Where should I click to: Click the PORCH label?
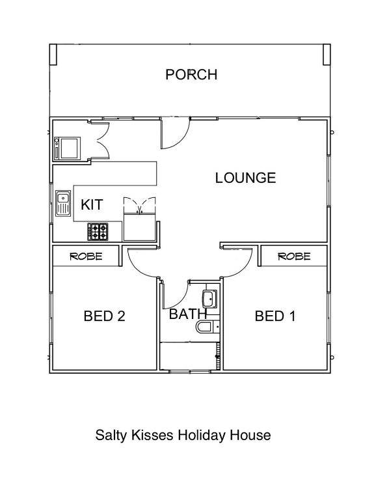pos(191,75)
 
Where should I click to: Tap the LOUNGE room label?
pos(245,178)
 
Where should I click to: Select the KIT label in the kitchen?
pos(92,204)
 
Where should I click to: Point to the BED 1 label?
pos(275,316)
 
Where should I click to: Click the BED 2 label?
pos(104,316)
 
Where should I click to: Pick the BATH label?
pos(188,314)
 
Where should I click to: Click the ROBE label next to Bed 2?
pos(86,257)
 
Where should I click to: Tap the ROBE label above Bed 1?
pos(294,257)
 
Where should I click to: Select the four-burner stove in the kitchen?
pos(98,232)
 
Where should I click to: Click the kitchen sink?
pos(63,203)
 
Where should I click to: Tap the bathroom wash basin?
pos(209,299)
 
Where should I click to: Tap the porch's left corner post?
pos(53,55)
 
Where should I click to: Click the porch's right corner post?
pos(327,55)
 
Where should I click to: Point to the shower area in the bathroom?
pos(189,356)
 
